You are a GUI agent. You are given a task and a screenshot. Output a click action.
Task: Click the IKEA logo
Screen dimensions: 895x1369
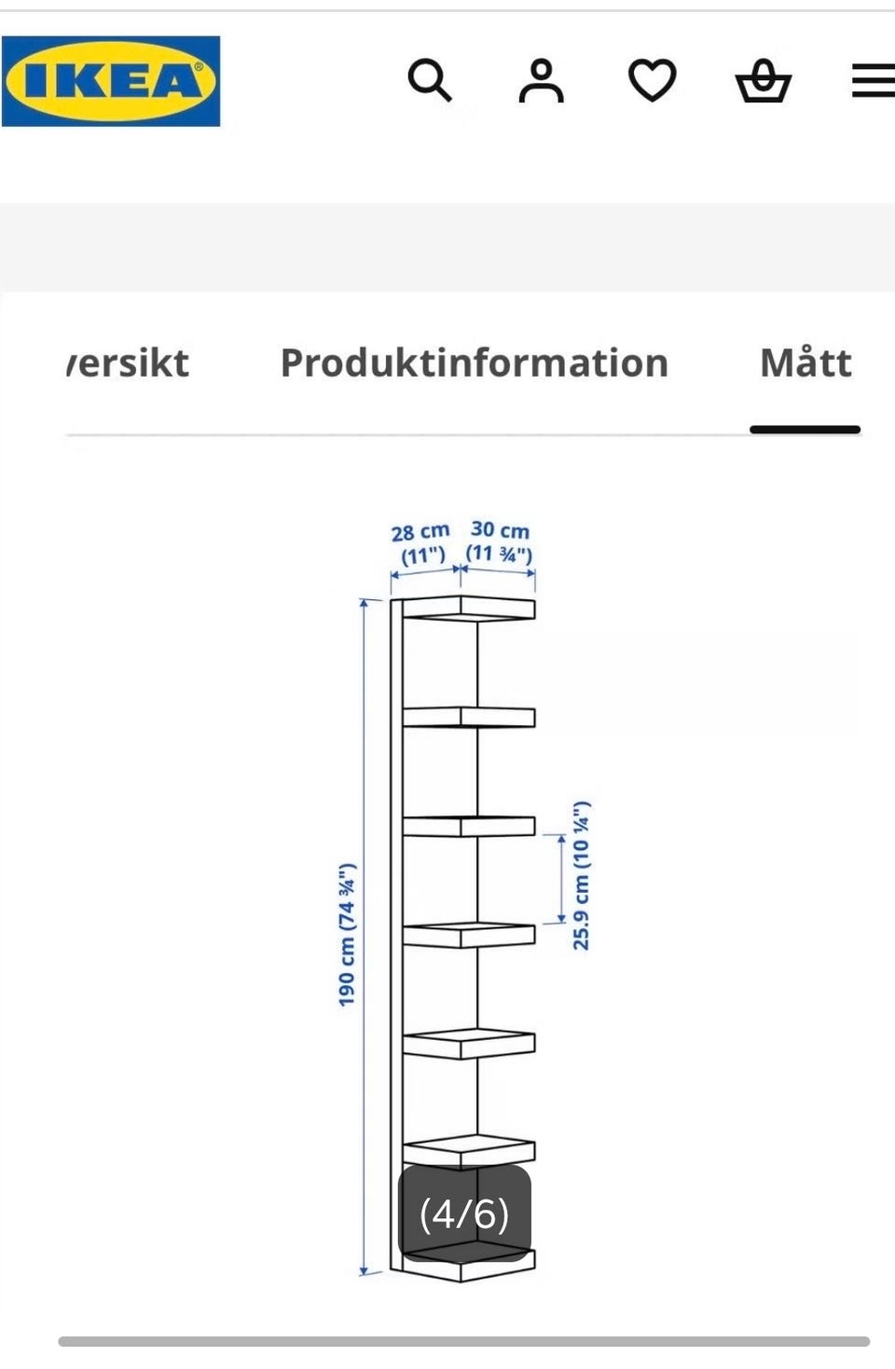tap(111, 81)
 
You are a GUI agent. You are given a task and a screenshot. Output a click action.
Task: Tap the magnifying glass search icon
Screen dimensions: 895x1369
tap(430, 80)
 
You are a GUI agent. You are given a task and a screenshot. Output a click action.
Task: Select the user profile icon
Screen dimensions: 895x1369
tap(541, 80)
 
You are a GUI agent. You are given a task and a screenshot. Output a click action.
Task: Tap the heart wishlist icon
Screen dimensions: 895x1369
tap(653, 80)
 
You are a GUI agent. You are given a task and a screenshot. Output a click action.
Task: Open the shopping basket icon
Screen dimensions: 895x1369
tap(763, 80)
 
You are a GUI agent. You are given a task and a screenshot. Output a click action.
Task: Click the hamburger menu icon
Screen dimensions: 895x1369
tap(874, 80)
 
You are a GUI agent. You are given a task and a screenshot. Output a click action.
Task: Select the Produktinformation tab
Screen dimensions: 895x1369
tap(475, 363)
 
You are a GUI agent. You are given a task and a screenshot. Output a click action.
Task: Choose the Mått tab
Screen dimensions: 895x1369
tap(805, 363)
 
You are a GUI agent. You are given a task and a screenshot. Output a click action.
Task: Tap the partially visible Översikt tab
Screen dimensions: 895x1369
tap(128, 363)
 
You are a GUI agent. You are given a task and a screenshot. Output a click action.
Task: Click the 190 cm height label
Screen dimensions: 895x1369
tap(347, 935)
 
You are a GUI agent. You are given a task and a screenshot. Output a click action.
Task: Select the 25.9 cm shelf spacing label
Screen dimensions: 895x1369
tap(582, 875)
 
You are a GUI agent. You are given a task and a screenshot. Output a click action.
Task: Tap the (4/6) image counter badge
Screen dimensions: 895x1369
tap(464, 1213)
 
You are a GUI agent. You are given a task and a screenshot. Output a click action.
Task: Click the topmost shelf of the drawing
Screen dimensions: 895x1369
tap(468, 609)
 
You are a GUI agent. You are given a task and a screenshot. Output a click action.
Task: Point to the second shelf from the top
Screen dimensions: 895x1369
tap(468, 717)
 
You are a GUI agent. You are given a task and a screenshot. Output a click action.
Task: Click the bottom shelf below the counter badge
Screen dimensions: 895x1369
tap(468, 1266)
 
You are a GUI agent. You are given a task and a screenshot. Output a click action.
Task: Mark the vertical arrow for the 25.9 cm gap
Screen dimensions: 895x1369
tap(561, 878)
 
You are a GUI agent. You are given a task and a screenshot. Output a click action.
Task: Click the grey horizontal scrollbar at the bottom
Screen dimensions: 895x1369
tap(464, 1341)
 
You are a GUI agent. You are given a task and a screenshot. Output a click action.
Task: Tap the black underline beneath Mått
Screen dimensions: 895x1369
tap(805, 430)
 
